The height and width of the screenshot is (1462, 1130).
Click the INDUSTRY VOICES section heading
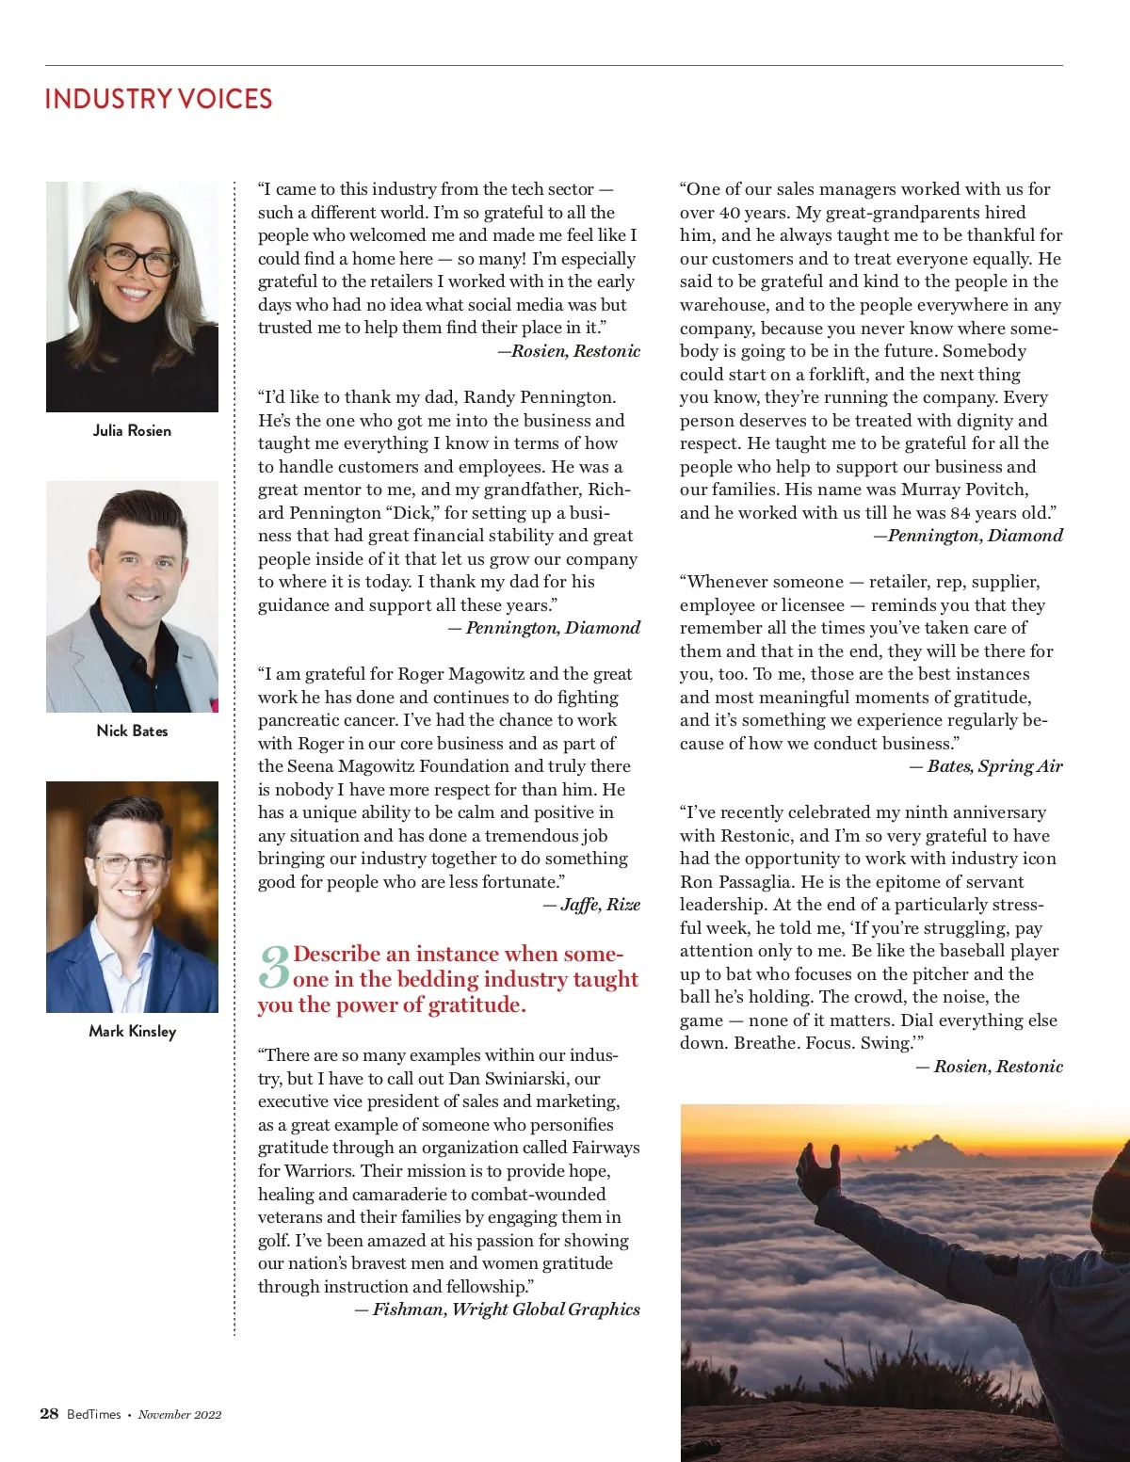coord(158,99)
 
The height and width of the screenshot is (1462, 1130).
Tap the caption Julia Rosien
coord(132,430)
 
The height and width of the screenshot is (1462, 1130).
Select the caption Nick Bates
coord(132,731)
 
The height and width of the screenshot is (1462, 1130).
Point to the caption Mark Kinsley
coord(132,1031)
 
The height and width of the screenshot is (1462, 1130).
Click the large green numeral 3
coord(274,968)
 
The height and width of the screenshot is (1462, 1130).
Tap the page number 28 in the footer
coord(49,1413)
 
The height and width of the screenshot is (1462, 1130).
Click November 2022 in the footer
coord(180,1414)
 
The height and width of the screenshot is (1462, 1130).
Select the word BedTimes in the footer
coord(94,1414)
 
